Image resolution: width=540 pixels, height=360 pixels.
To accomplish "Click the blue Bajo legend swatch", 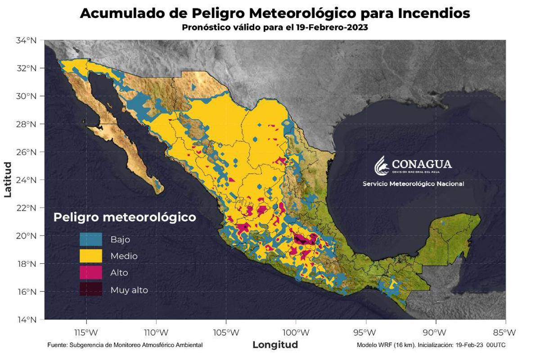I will pyautogui.click(x=91, y=239).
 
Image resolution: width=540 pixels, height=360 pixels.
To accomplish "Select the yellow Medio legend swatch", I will pyautogui.click(x=91, y=256).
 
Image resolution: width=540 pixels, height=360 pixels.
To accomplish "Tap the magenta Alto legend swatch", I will pyautogui.click(x=91, y=272).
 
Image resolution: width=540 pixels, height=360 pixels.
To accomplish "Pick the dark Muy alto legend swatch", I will pyautogui.click(x=91, y=289).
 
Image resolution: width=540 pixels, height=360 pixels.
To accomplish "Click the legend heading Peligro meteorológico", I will pyautogui.click(x=125, y=217).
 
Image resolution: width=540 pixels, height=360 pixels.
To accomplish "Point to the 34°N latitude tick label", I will pyautogui.click(x=26, y=40).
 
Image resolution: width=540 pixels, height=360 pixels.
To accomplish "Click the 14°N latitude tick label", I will pyautogui.click(x=26, y=320).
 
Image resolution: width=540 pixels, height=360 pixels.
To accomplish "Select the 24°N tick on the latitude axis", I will pyautogui.click(x=26, y=180).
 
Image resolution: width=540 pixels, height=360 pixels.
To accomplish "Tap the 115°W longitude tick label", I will pyautogui.click(x=85, y=333).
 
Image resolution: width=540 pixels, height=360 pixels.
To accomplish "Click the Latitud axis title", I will pyautogui.click(x=8, y=180).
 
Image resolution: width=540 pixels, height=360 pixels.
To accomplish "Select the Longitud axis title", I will pyautogui.click(x=275, y=345).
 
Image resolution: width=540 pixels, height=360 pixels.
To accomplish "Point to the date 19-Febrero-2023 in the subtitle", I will pyautogui.click(x=332, y=27).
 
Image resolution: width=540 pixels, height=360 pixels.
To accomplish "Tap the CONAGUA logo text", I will pyautogui.click(x=422, y=164).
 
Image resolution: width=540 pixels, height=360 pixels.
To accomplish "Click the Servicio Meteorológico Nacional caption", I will pyautogui.click(x=413, y=184).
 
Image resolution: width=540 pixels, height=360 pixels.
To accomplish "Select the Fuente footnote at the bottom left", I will pyautogui.click(x=125, y=345).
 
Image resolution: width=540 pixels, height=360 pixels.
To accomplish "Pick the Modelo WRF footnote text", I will pyautogui.click(x=431, y=345).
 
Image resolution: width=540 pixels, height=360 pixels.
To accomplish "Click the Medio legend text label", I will pyautogui.click(x=124, y=256).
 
